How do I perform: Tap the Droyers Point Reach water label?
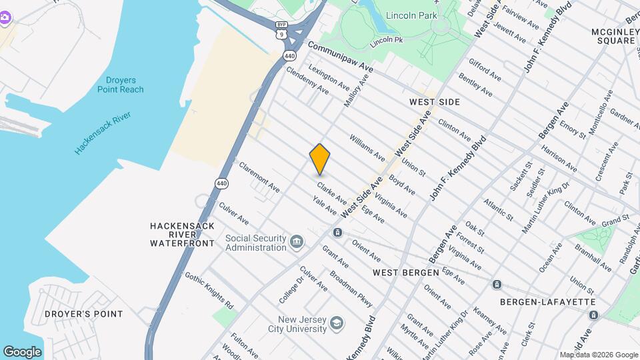tap(120, 84)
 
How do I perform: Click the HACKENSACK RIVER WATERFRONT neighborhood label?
tap(182, 235)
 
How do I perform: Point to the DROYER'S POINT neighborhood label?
tap(83, 314)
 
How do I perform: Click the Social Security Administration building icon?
tap(297, 241)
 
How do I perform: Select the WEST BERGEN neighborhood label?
tap(405, 273)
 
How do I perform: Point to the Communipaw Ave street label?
tap(341, 57)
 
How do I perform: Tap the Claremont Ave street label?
tap(259, 179)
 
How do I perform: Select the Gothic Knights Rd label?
tap(209, 290)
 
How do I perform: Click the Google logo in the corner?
tap(22, 351)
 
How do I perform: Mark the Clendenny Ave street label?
tap(307, 79)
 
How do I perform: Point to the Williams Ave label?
tap(367, 147)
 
